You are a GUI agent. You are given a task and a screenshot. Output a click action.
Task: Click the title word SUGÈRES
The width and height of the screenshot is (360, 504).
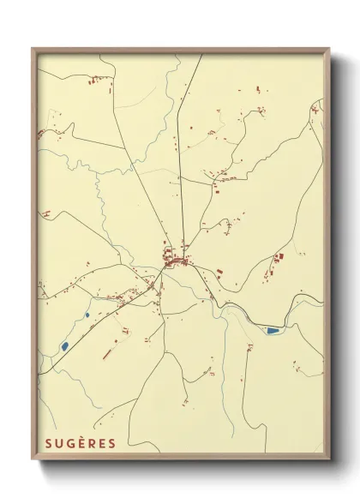[79, 443]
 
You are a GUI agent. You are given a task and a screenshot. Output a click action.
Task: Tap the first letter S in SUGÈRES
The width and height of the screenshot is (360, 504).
[45, 443]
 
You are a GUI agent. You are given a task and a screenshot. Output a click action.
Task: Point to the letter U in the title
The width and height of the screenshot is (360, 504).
[57, 443]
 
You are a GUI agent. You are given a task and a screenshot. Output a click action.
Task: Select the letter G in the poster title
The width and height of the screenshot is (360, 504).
[68, 443]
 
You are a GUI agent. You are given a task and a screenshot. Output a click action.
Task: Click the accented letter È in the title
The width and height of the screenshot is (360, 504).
[79, 443]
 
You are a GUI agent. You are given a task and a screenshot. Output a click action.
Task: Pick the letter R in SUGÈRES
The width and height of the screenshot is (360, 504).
[90, 443]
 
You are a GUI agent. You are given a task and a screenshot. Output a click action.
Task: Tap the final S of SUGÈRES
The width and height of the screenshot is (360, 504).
[111, 443]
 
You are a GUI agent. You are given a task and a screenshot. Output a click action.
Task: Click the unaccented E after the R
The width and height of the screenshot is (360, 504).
[101, 443]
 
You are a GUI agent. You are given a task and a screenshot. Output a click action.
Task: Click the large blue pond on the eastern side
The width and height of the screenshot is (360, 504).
[273, 330]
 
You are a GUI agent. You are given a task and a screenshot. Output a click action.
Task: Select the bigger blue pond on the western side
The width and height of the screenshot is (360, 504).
[64, 346]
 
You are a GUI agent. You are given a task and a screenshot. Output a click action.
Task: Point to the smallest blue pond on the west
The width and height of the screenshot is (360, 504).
[87, 315]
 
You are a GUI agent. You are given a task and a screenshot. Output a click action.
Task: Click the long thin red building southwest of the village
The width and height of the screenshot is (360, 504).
[110, 351]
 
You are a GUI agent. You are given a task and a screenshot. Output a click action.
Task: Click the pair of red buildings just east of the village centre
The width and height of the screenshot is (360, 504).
[220, 273]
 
